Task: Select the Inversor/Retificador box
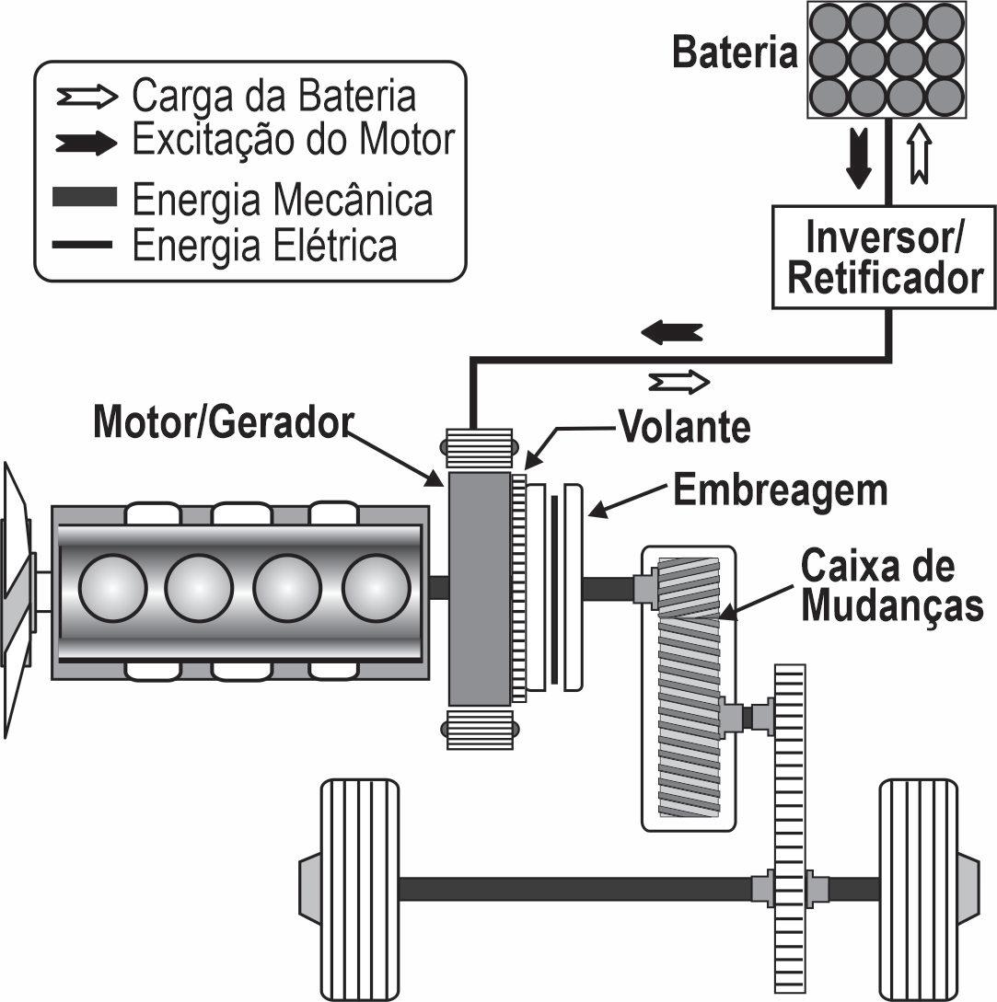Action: pos(884,257)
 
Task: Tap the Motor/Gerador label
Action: pos(223,421)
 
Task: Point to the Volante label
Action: pos(684,426)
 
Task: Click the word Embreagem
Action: pos(781,490)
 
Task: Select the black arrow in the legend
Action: pos(87,143)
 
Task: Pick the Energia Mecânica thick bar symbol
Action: pos(85,197)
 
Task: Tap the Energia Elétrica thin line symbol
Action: pos(83,244)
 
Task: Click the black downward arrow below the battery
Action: pos(858,157)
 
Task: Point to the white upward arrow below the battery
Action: pos(920,154)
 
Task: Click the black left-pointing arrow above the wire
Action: pos(672,332)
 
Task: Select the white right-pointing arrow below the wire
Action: pos(679,382)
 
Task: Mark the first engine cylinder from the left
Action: pos(113,587)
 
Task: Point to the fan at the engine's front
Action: pos(17,599)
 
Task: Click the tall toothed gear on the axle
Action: pos(789,832)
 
